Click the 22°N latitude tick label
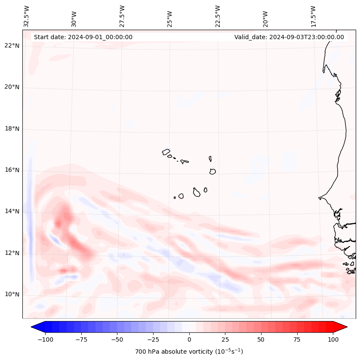(x=12, y=46)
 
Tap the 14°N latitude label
(x=12, y=211)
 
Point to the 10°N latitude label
(x=12, y=294)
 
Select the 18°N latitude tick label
(x=12, y=129)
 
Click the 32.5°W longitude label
(x=27, y=16)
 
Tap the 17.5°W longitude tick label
(x=313, y=16)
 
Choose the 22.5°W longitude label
(x=218, y=16)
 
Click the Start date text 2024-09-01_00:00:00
(x=83, y=37)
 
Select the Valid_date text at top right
(x=289, y=37)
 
